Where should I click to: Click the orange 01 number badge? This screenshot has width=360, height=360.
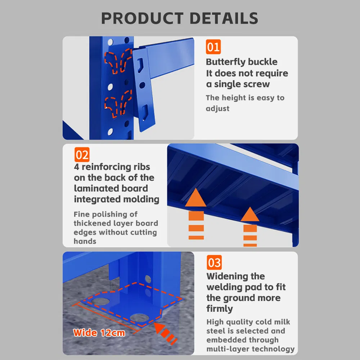point(213,47)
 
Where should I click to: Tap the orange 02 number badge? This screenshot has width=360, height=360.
point(82,154)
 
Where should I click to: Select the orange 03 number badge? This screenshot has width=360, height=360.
point(214,262)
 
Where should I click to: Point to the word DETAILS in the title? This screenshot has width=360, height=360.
point(224,18)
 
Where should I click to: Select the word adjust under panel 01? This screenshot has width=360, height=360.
point(217,108)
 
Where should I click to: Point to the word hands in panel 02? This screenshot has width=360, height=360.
point(85,241)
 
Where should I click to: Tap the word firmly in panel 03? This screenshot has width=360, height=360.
point(220,309)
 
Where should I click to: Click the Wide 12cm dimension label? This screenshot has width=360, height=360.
point(99,333)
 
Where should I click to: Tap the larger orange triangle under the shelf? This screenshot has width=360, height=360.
point(195,197)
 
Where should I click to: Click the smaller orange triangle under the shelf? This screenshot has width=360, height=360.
point(250,214)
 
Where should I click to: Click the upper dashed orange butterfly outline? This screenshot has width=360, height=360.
point(118,61)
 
